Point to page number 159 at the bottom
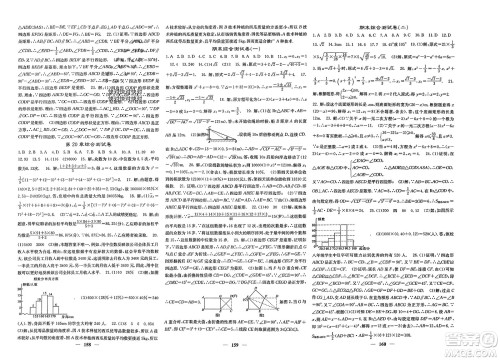[250, 349]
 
